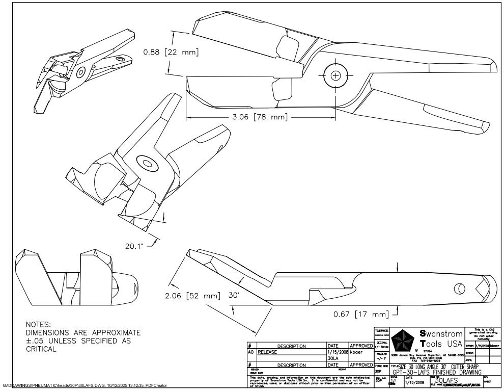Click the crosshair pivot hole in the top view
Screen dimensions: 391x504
coord(335,76)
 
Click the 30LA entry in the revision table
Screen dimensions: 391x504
coord(333,358)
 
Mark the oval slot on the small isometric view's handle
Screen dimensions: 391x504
coord(120,59)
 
